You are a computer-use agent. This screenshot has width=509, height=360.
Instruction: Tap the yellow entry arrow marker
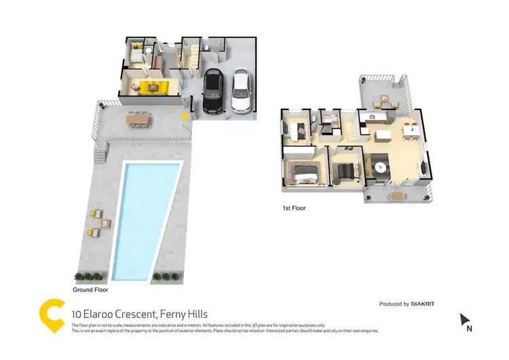(x=184, y=115)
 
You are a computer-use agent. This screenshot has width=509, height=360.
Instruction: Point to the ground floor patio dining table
(x=137, y=119)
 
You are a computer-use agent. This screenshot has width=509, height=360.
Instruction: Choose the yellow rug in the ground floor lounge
(x=151, y=86)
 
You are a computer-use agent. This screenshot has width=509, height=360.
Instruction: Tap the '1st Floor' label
(x=294, y=209)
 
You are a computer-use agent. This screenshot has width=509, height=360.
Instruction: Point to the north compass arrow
(x=465, y=318)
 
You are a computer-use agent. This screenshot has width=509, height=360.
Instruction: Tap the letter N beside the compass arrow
(x=468, y=329)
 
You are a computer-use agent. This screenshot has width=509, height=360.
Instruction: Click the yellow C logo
(x=52, y=314)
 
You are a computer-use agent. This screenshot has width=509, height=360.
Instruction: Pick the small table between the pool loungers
(x=102, y=223)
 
